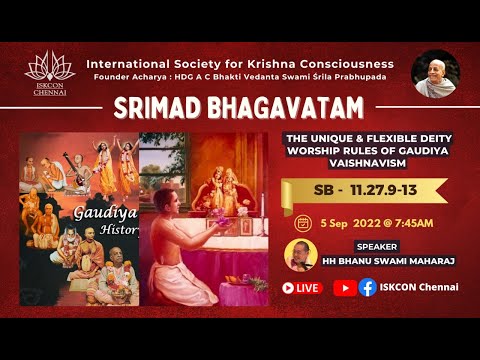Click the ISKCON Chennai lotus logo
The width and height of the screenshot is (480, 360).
click(x=49, y=72)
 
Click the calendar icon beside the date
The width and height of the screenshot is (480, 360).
click(x=303, y=223)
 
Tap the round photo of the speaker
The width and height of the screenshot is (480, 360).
click(x=300, y=254)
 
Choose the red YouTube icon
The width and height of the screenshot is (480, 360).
click(x=343, y=287)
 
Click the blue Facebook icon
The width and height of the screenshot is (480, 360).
click(x=367, y=287)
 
